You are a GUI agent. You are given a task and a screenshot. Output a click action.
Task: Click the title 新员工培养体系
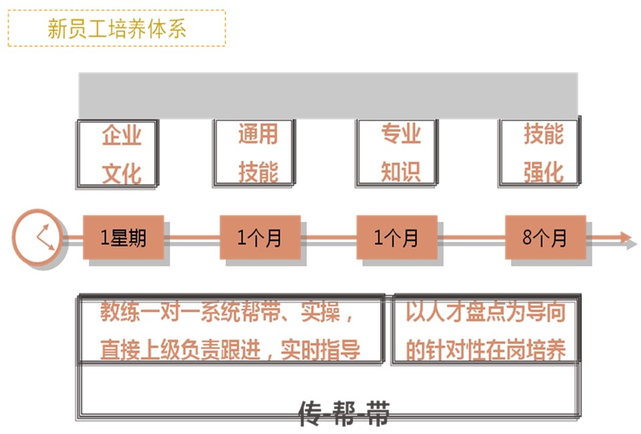click(x=117, y=29)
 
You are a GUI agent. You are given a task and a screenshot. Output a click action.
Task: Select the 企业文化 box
click(x=119, y=153)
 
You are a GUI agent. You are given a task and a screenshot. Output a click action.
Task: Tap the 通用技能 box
click(x=255, y=153)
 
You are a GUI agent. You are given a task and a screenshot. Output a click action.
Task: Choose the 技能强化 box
click(x=540, y=153)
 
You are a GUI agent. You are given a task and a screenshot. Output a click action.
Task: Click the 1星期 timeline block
click(x=123, y=237)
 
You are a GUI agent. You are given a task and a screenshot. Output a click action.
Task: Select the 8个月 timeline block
click(x=545, y=237)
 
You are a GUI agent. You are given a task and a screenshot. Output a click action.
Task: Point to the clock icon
click(x=38, y=238)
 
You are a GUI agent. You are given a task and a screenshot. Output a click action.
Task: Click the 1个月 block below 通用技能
click(x=260, y=237)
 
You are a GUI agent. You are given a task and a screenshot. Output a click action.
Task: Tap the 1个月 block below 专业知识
click(x=397, y=237)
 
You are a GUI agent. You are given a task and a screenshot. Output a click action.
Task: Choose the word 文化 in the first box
click(x=121, y=173)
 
